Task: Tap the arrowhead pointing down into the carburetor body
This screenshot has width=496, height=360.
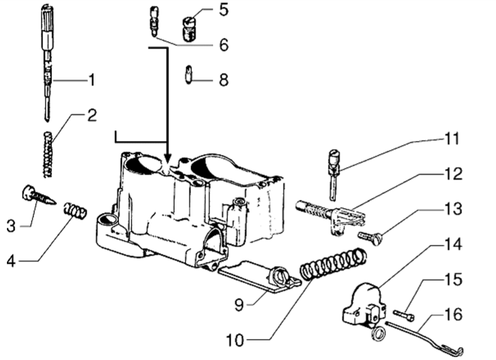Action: click(167, 156)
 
